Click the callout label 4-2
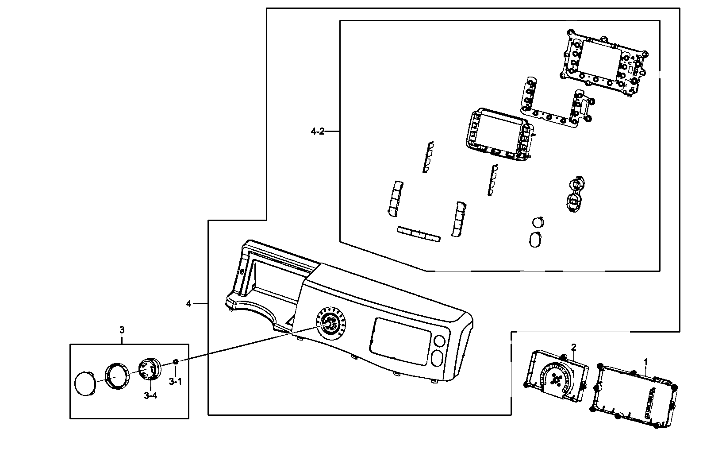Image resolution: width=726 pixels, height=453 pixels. pyautogui.click(x=318, y=131)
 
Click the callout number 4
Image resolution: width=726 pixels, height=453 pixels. pyautogui.click(x=188, y=303)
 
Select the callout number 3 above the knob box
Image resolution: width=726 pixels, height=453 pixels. pyautogui.click(x=122, y=329)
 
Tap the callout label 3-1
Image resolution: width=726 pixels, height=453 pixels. pyautogui.click(x=175, y=381)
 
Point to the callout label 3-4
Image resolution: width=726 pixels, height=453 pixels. pyautogui.click(x=150, y=395)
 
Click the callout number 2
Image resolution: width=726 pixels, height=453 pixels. pyautogui.click(x=573, y=347)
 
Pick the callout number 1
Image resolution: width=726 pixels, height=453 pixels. pyautogui.click(x=645, y=362)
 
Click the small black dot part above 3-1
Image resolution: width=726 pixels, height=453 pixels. pyautogui.click(x=176, y=362)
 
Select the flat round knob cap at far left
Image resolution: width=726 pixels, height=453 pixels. pyautogui.click(x=85, y=382)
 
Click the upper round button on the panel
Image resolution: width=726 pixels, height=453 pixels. pyautogui.click(x=439, y=341)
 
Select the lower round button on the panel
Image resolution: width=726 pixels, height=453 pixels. pyautogui.click(x=436, y=357)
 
